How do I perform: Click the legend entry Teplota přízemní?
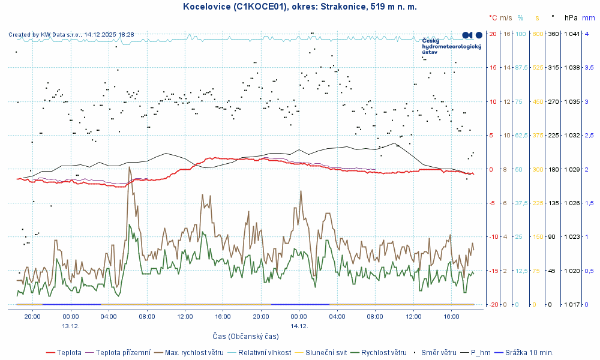coord(123,353)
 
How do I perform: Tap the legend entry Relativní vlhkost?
coord(265,353)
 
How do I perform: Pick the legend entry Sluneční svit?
coord(326,353)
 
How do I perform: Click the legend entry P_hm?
coord(481,353)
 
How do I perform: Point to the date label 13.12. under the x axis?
coord(71,326)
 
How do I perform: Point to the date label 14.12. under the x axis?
coord(299,326)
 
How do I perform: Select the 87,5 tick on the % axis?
coord(520,68)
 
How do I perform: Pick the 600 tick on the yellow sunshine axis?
coord(537,34)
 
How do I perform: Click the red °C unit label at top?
coord(493,19)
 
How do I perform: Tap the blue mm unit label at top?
coord(588,19)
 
